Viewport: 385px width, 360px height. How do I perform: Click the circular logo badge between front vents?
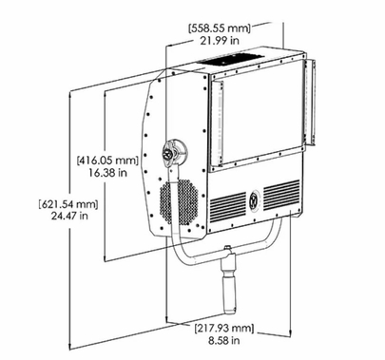[254, 200]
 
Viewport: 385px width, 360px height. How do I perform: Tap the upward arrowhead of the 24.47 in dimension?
[74, 95]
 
